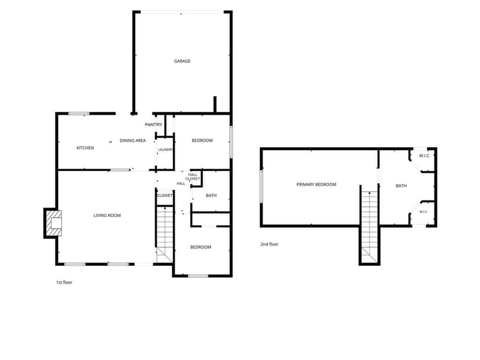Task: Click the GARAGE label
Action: [182, 61]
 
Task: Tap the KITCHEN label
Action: [85, 148]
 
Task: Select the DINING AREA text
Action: [133, 140]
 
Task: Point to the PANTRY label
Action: [154, 125]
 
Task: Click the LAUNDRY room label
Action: [166, 149]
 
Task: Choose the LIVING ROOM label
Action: [107, 215]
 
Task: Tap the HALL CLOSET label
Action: [193, 176]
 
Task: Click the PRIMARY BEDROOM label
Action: [316, 185]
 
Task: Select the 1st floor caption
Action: [64, 283]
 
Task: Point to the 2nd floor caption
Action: [269, 244]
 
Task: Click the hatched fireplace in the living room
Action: [53, 223]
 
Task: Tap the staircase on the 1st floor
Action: [164, 235]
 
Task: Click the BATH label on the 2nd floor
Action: [401, 186]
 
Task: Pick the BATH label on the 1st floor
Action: [211, 196]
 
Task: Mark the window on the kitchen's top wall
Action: [79, 113]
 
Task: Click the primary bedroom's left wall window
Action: [262, 187]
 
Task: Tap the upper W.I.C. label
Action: [425, 156]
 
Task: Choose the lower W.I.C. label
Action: [424, 212]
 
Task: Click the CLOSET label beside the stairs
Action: [164, 196]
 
